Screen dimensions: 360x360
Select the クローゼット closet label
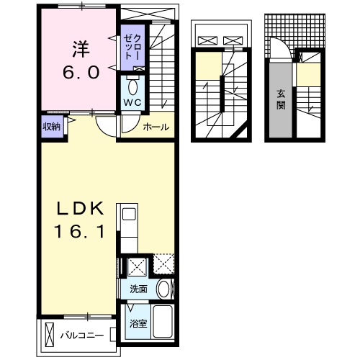point(132,45)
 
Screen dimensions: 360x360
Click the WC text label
point(131,103)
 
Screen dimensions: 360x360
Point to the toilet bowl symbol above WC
point(132,87)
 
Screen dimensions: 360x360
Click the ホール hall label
point(156,127)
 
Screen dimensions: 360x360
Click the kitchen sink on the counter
point(129,215)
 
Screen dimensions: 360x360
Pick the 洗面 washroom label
point(138,289)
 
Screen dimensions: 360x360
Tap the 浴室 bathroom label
point(138,323)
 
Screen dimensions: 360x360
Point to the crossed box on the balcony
point(48,336)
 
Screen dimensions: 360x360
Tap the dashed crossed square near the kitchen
point(163,266)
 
